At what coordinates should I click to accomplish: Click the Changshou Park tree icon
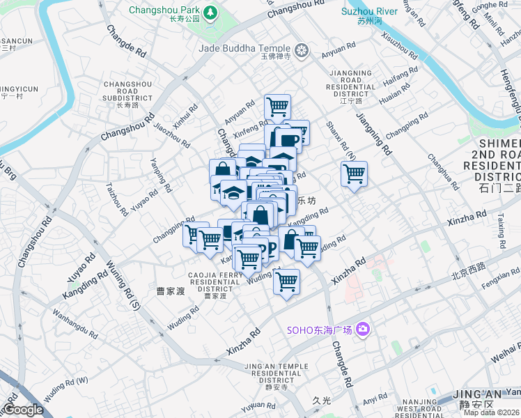[x=210, y=13]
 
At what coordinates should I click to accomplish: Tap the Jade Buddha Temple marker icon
[x=301, y=49]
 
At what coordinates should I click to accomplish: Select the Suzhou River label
[x=369, y=12]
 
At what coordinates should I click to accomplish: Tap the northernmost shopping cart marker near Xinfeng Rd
[x=277, y=107]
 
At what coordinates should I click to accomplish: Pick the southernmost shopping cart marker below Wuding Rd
[x=286, y=282]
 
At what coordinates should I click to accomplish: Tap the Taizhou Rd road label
[x=114, y=199]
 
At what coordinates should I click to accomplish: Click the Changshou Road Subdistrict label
[x=127, y=95]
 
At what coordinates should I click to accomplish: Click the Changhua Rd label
[x=444, y=173]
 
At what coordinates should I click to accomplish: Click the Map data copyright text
[x=492, y=412]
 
